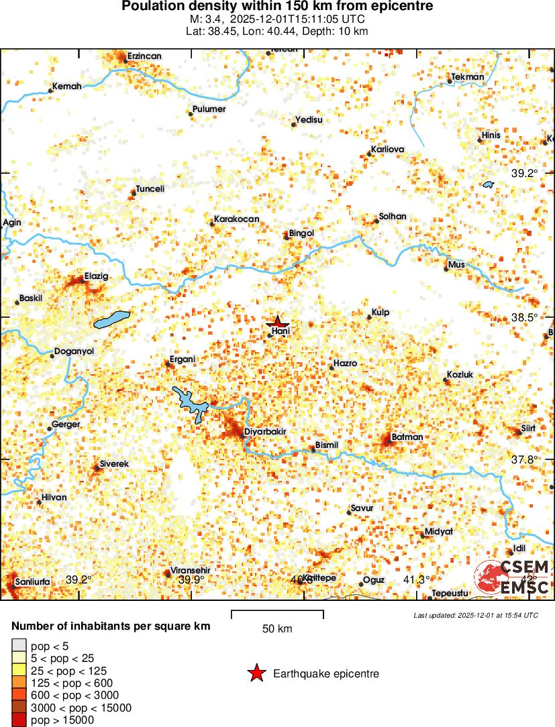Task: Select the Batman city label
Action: pyautogui.click(x=407, y=437)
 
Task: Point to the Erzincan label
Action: pyautogui.click(x=144, y=56)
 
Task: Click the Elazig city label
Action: pyautogui.click(x=96, y=276)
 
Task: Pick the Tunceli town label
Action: pyautogui.click(x=150, y=189)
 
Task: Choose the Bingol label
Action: pyautogui.click(x=301, y=233)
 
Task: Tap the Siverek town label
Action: pyautogui.click(x=114, y=463)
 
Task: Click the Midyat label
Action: pyautogui.click(x=439, y=531)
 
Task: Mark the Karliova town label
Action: pyautogui.click(x=389, y=149)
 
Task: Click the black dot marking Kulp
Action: pyautogui.click(x=369, y=317)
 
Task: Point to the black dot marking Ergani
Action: pyautogui.click(x=168, y=364)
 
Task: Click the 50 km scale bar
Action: pyautogui.click(x=277, y=614)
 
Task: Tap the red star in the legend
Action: pyautogui.click(x=256, y=674)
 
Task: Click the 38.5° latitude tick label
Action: pyautogui.click(x=525, y=317)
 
